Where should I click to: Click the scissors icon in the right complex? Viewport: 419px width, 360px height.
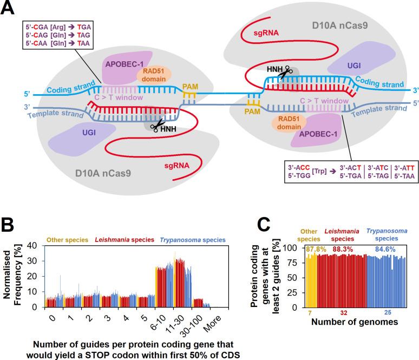tap(285, 71)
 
